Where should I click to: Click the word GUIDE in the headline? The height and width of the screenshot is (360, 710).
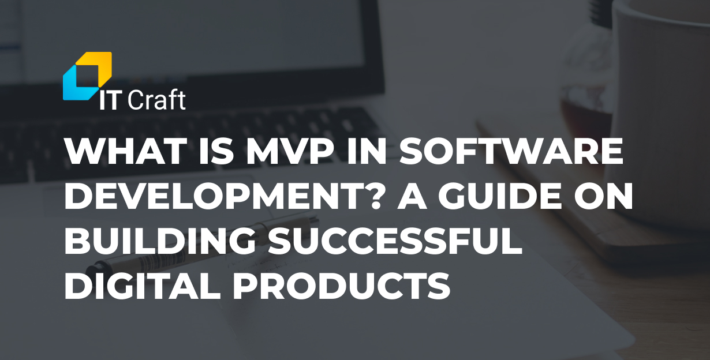tap(505, 196)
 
